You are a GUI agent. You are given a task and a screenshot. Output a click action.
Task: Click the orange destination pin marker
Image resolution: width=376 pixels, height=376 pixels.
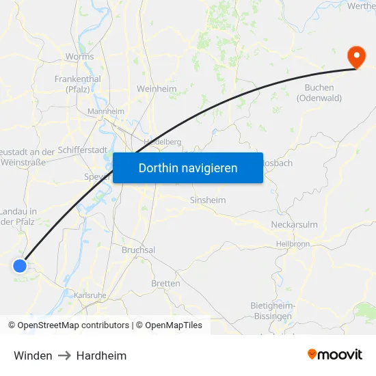click(356, 56)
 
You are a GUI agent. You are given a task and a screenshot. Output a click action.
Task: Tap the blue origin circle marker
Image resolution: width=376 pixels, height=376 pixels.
click(20, 266)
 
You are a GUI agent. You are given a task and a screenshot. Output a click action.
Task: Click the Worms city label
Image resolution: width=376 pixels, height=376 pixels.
click(79, 57)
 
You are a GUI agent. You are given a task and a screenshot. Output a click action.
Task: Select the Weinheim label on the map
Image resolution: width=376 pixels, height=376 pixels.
click(157, 89)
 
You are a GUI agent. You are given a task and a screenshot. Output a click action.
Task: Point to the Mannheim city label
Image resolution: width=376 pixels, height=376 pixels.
click(106, 111)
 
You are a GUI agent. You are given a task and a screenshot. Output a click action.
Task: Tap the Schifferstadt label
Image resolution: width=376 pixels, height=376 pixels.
click(82, 150)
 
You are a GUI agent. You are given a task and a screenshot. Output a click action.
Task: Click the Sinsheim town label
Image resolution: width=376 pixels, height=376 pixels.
click(207, 200)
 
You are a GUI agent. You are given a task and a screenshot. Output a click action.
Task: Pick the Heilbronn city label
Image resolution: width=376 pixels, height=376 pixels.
click(293, 243)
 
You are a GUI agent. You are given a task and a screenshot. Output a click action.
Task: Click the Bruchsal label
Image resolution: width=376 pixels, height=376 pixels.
click(137, 250)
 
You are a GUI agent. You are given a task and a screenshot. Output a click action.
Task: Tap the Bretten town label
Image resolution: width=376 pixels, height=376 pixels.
click(165, 283)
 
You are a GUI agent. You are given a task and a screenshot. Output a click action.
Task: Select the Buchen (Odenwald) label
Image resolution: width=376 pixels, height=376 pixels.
click(319, 93)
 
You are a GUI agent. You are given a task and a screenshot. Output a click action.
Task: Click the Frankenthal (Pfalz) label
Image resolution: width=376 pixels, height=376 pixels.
click(78, 83)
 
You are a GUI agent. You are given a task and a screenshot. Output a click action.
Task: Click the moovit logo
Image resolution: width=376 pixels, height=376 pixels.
click(335, 354)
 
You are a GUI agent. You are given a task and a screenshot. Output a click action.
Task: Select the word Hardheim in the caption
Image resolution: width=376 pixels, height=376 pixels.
click(101, 355)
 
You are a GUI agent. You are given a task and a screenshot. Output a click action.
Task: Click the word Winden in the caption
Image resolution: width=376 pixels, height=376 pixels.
click(33, 355)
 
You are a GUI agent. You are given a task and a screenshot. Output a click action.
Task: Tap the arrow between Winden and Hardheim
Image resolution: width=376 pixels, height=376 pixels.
click(64, 355)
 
